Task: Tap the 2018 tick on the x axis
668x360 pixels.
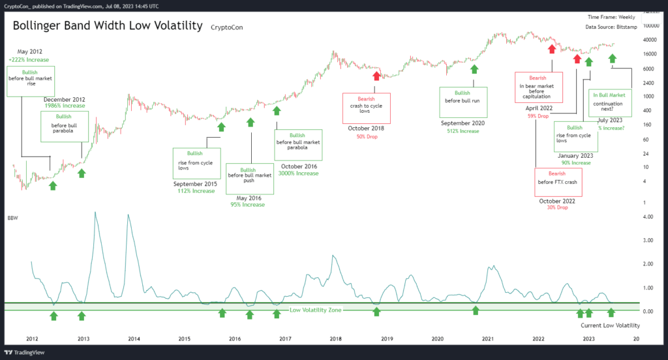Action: tap(336, 339)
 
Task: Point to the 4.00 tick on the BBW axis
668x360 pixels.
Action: tap(648, 217)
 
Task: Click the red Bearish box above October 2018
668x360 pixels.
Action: tap(367, 108)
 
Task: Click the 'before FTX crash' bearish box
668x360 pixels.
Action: tap(557, 182)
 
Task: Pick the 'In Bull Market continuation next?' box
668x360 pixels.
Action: tap(609, 103)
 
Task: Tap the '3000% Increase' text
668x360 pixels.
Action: tap(299, 173)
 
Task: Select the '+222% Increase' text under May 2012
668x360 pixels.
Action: tap(29, 60)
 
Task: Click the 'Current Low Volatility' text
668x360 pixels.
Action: tap(610, 325)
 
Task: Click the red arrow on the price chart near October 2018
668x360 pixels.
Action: tap(376, 76)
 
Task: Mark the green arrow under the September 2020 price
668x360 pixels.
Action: tap(474, 69)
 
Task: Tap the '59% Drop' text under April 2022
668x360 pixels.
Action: tap(539, 115)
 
